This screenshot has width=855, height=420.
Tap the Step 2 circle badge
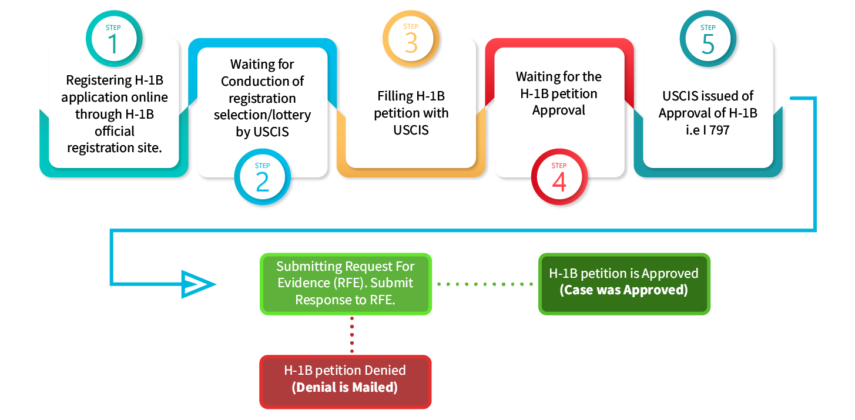click(x=262, y=178)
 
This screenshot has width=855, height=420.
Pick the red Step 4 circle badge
click(x=559, y=178)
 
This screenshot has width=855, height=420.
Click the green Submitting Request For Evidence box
click(x=346, y=284)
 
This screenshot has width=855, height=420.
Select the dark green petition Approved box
click(x=624, y=284)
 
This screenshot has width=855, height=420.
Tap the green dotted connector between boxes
click(x=485, y=284)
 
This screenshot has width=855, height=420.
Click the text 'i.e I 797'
click(x=708, y=130)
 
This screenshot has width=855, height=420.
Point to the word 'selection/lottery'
click(x=262, y=115)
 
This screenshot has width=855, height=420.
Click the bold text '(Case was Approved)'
click(x=623, y=290)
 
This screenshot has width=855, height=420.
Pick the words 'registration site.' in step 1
click(x=114, y=147)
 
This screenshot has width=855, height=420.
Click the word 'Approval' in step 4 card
click(x=558, y=110)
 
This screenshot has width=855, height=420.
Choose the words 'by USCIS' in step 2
click(x=262, y=132)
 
